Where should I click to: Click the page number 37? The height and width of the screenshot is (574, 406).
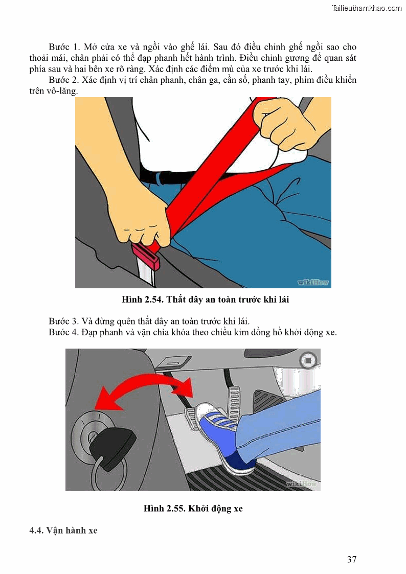[x=352, y=559]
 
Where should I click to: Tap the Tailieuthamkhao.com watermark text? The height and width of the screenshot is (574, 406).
[x=367, y=8]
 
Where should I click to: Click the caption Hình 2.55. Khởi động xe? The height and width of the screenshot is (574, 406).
[x=193, y=509]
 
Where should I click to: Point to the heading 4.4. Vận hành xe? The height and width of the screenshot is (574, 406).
[x=63, y=531]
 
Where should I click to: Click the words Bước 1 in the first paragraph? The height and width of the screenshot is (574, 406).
[x=64, y=47]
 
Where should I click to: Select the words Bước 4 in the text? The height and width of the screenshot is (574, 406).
[x=64, y=332]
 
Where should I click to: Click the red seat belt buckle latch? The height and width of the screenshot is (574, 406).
[x=146, y=256]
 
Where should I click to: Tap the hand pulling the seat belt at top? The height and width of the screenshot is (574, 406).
[x=289, y=123]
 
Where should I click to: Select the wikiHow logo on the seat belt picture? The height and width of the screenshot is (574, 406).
[x=313, y=282]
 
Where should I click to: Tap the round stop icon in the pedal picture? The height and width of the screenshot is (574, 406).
[x=307, y=360]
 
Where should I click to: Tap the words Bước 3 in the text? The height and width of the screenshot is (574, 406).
[x=64, y=322]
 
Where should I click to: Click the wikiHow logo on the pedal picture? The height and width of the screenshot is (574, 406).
[x=301, y=484]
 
